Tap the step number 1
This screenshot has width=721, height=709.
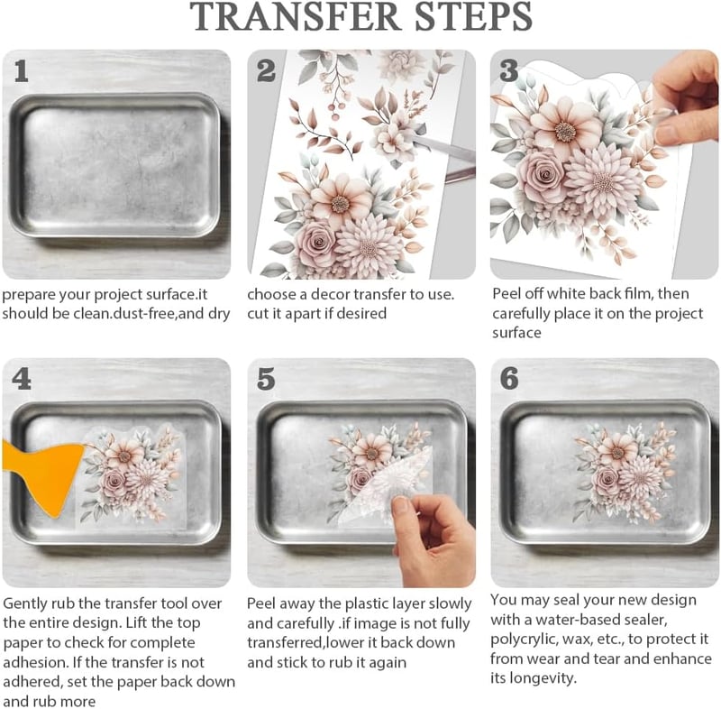(21, 72)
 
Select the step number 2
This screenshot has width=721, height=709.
(266, 71)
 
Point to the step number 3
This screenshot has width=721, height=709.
(509, 71)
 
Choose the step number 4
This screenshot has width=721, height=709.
(22, 379)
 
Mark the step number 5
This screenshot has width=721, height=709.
(266, 379)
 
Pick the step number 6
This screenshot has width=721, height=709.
(509, 379)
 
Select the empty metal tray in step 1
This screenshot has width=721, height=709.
(115, 166)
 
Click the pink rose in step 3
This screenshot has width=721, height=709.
(542, 176)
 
